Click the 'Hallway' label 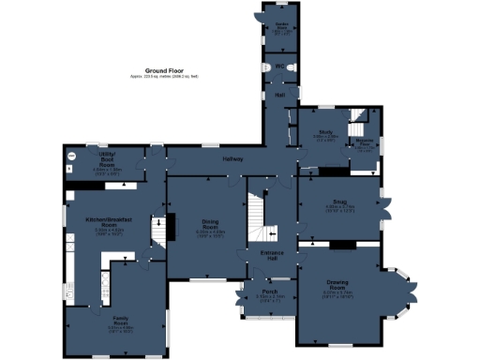pos(232,158)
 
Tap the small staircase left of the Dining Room pos(157,229)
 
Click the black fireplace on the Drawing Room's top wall pos(339,245)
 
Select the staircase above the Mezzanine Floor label pos(360,123)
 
